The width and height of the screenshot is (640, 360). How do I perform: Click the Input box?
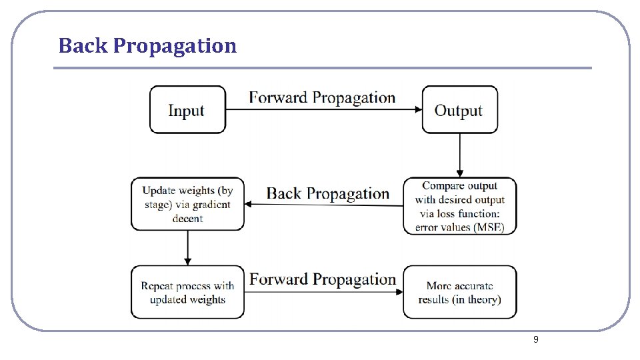pyautogui.click(x=187, y=110)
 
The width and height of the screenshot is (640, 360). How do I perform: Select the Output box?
pyautogui.click(x=459, y=110)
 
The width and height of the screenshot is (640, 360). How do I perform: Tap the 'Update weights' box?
pyautogui.click(x=187, y=204)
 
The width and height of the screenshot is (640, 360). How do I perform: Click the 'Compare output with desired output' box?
pyautogui.click(x=459, y=206)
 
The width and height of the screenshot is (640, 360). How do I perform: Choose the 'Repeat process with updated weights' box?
pyautogui.click(x=187, y=293)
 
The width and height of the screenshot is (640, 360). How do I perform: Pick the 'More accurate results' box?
pyautogui.click(x=459, y=293)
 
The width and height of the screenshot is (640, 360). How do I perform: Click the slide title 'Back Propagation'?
pyautogui.click(x=147, y=45)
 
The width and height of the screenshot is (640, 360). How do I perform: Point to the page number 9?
pyautogui.click(x=535, y=340)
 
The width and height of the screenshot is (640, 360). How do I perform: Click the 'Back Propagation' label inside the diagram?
pyautogui.click(x=328, y=193)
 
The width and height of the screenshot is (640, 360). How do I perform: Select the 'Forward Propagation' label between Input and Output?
pyautogui.click(x=322, y=97)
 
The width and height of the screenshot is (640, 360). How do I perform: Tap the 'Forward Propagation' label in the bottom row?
pyautogui.click(x=323, y=279)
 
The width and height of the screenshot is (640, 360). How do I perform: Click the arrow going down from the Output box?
pyautogui.click(x=459, y=155)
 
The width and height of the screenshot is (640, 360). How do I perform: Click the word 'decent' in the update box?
pyautogui.click(x=187, y=219)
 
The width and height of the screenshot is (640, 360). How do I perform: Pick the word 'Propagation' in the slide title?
pyautogui.click(x=175, y=45)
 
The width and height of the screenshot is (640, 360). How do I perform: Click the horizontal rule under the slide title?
pyautogui.click(x=322, y=68)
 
